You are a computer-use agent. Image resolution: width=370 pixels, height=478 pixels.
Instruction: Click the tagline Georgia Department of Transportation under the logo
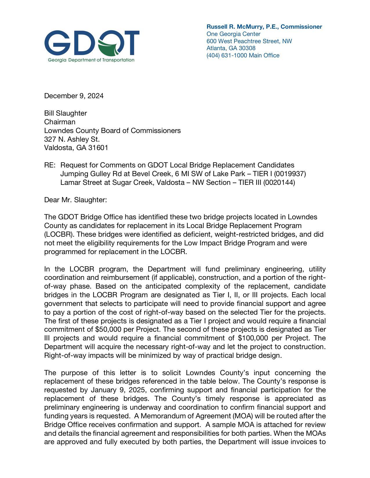[91, 60]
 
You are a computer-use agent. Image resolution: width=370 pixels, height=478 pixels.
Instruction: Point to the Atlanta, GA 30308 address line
[231, 48]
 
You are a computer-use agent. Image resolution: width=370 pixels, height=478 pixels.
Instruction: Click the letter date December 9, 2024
[74, 96]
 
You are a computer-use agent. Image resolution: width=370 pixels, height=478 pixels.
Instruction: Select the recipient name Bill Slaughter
[65, 113]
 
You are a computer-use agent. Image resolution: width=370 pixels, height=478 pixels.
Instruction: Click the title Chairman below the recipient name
[59, 122]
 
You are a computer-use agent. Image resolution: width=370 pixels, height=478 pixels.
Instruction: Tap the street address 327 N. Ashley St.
[72, 139]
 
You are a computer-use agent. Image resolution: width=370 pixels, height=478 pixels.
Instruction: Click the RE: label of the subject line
[50, 165]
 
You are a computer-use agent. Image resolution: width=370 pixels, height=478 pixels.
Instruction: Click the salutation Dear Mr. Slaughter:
[75, 200]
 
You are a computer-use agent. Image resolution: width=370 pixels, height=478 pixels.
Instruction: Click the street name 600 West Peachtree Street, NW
[249, 41]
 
